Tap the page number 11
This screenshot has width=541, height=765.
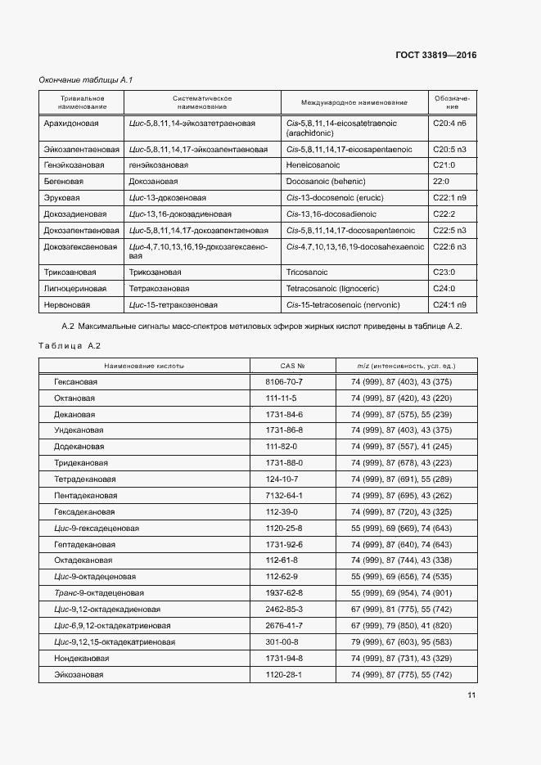click(471, 695)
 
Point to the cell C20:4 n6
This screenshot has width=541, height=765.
click(449, 123)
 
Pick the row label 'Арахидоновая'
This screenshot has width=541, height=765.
click(71, 123)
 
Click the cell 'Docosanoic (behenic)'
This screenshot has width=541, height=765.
click(326, 181)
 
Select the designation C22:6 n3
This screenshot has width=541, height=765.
click(449, 246)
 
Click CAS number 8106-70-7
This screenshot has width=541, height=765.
click(284, 382)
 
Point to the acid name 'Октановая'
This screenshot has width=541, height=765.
click(74, 398)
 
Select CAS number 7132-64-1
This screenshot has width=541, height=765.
click(284, 495)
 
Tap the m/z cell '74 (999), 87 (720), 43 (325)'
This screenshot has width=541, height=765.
click(401, 511)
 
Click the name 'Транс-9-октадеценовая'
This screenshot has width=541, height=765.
click(99, 592)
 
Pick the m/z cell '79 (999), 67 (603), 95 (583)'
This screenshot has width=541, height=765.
click(401, 641)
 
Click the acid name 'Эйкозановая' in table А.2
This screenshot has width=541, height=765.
click(79, 674)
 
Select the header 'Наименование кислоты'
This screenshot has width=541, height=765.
click(144, 366)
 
